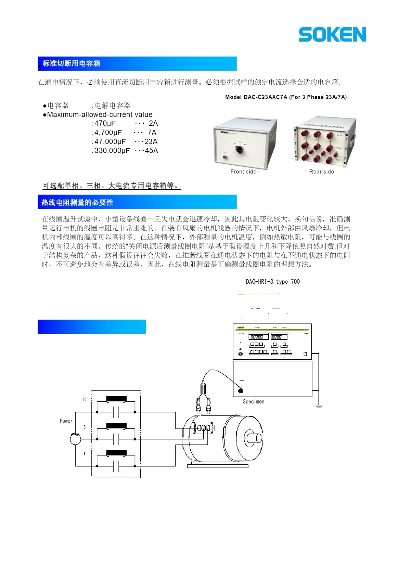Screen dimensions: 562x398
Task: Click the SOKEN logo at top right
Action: [x=332, y=34]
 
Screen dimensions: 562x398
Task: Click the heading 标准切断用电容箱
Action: [x=71, y=64]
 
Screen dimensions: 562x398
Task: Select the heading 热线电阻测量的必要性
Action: [x=77, y=203]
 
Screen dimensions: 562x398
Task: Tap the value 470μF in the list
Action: [x=105, y=123]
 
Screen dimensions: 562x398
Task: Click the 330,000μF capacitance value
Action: [x=112, y=151]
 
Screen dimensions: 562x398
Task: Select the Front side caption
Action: [x=243, y=172]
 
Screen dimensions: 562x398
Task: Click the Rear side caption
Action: [x=321, y=172]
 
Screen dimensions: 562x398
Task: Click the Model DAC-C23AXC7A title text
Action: [x=286, y=97]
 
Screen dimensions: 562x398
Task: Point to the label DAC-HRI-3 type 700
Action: [x=273, y=282]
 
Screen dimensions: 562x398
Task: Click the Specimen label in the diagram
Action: [x=253, y=401]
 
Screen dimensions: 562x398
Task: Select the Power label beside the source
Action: [x=66, y=421]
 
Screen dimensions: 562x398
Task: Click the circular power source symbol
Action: [x=75, y=439]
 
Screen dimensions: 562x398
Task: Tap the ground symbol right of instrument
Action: [x=319, y=406]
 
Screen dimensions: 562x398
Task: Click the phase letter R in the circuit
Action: [x=84, y=399]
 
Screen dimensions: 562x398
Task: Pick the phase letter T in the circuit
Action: [x=84, y=453]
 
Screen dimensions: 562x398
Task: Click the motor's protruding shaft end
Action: [x=255, y=438]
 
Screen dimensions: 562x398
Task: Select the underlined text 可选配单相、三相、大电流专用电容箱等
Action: [x=111, y=185]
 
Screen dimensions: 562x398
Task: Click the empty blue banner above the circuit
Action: [x=92, y=327]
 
